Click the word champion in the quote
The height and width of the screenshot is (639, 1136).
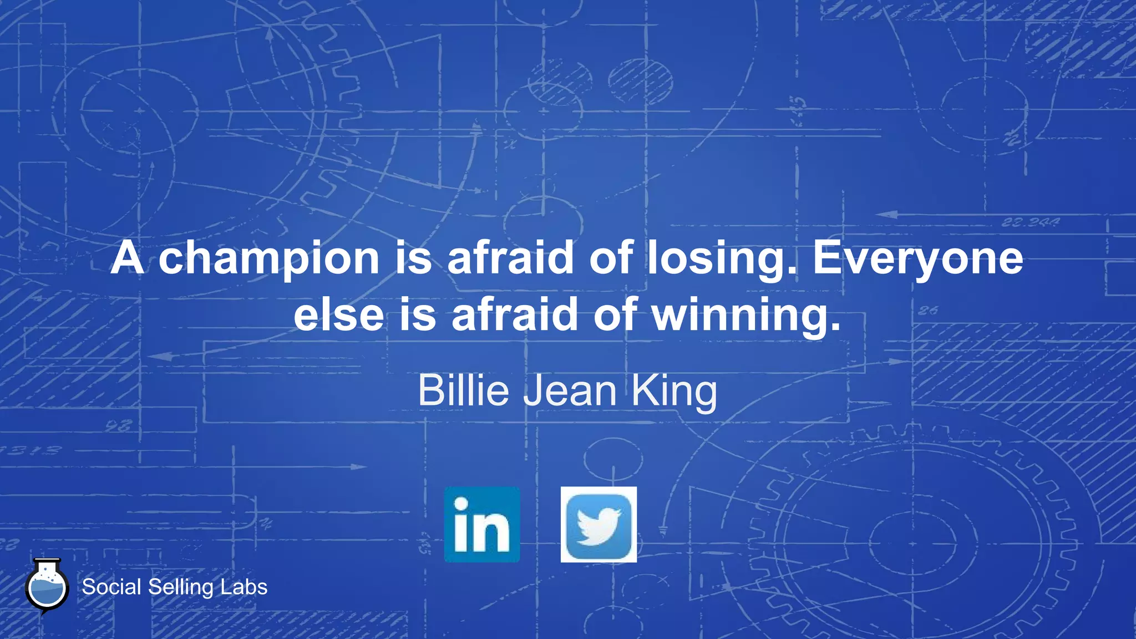point(269,258)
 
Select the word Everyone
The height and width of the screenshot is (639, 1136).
point(917,258)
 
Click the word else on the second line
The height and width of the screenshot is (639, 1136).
point(339,315)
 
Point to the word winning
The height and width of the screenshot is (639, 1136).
point(745,315)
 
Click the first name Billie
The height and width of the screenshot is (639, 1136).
point(463,390)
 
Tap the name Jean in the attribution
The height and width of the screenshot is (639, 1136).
point(570,390)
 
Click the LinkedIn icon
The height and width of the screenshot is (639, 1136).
point(482,525)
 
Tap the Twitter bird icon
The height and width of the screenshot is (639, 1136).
point(599,525)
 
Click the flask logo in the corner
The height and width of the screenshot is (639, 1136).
point(47,587)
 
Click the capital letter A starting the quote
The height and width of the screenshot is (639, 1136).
point(128,258)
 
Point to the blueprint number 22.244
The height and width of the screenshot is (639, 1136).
point(1031,222)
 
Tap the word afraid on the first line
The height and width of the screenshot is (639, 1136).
point(510,258)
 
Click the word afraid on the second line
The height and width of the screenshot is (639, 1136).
point(515,315)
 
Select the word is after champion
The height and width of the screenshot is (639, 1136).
point(413,258)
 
